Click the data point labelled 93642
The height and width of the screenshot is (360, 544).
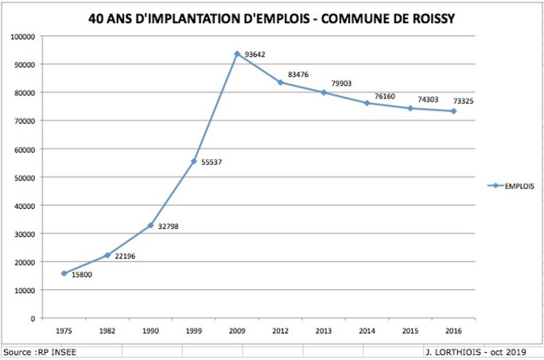point(237,54)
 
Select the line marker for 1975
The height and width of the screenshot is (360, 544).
point(64,273)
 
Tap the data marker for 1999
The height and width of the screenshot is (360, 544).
point(193,161)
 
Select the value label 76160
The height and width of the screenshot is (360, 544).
point(385,96)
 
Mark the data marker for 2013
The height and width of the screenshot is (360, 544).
point(324,93)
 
